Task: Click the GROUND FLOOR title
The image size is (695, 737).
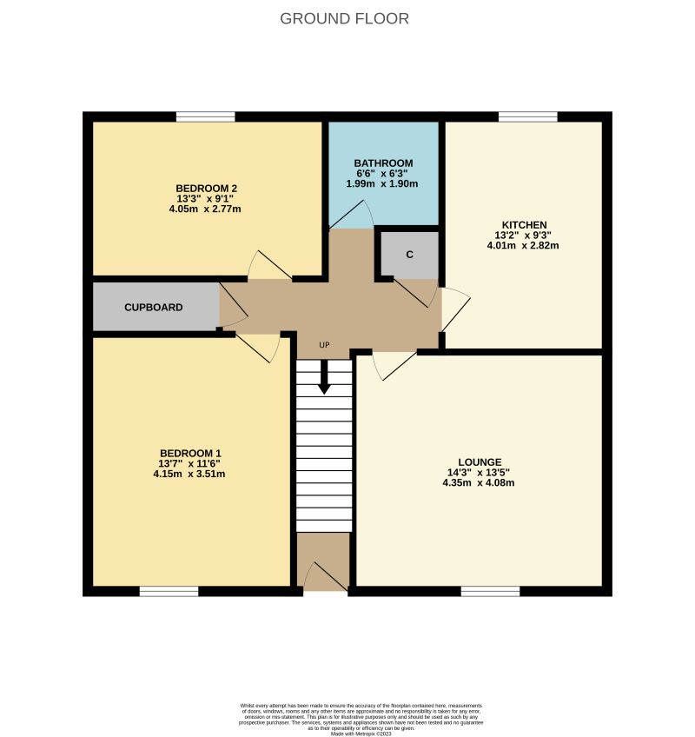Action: pos(344,18)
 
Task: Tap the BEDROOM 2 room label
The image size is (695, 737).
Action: pos(207,189)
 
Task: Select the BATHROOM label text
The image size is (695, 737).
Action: pos(383,163)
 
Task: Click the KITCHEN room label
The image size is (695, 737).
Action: pos(522,224)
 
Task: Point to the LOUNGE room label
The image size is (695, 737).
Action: pos(480,461)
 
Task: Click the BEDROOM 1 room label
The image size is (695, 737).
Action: pos(190,453)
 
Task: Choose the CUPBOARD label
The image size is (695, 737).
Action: pos(153,308)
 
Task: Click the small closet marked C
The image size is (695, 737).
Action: pos(409,255)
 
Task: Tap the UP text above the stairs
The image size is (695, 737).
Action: pos(324,346)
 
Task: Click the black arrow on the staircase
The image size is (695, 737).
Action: pos(324,379)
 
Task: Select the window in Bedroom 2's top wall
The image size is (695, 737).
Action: pos(206,116)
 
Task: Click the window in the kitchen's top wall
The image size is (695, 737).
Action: pos(527,116)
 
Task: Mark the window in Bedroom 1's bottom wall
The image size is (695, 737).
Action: pos(169,591)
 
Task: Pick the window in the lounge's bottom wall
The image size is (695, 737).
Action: pos(490,591)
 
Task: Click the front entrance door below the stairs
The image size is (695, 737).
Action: pos(323,575)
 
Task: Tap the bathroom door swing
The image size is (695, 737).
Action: pos(353,214)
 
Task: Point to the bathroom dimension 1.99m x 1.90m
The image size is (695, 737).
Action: pos(383,184)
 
